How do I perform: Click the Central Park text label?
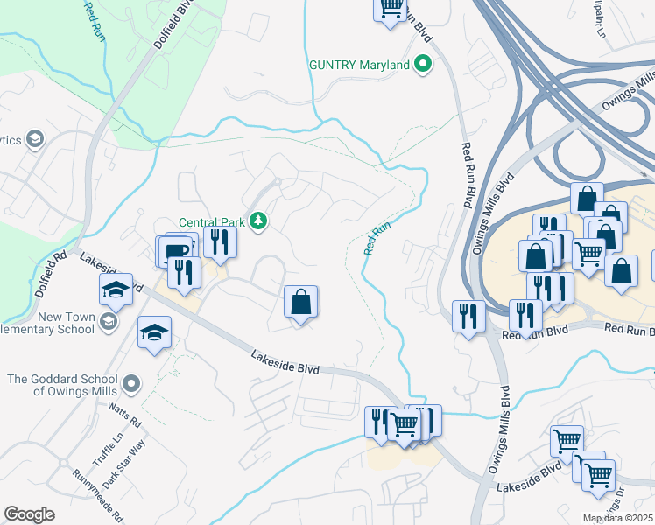[x=211, y=221]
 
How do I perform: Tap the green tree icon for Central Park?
[x=258, y=221]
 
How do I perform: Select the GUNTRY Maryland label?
[x=359, y=65]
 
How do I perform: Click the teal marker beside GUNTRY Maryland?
[x=424, y=65]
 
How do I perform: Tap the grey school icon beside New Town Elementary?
[x=108, y=323]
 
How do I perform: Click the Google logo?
[x=29, y=514]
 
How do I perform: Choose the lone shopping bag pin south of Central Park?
[x=300, y=303]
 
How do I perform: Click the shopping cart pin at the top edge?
[x=391, y=9]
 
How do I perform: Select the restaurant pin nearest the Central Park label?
[x=220, y=241]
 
